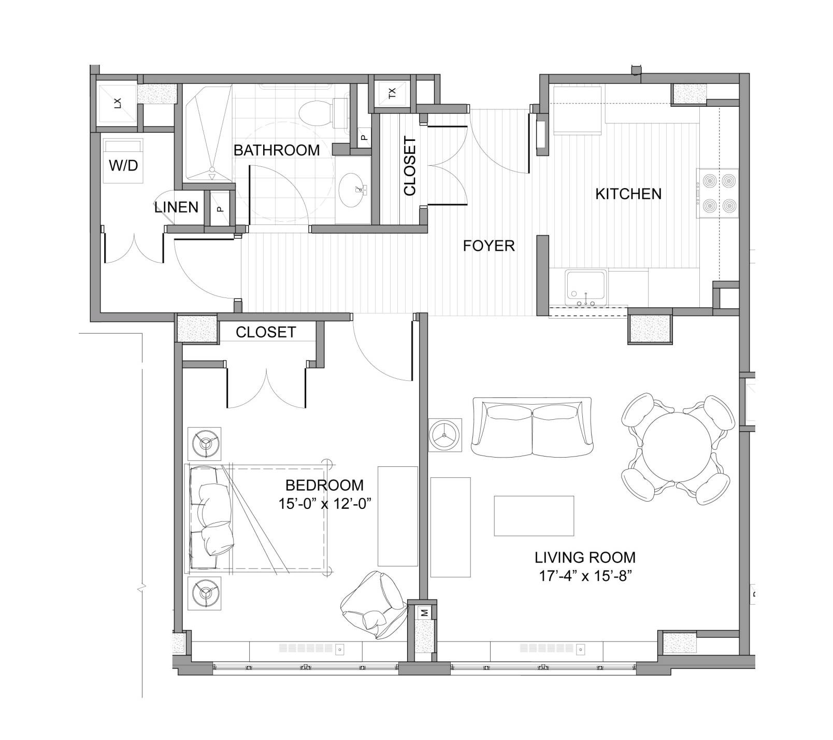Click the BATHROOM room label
coord(277,150)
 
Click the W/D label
coord(123,166)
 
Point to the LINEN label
coord(176,207)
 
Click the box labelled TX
coord(392,94)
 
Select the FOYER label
coord(489,246)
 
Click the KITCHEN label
coord(628,194)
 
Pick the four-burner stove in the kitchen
coord(717,193)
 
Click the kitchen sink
coord(586,287)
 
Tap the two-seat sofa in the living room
coord(532,428)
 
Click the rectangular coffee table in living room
coord(534,516)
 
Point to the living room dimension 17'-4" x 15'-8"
coord(585,576)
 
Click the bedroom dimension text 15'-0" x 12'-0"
coord(325,503)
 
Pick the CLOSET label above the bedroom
coord(266,332)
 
